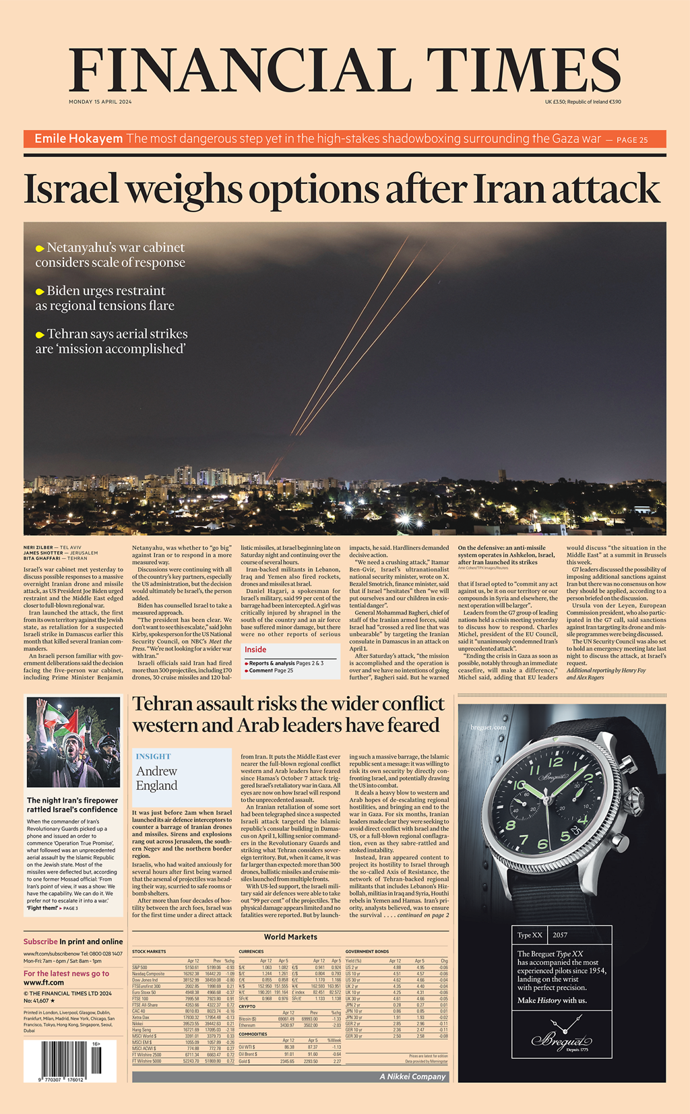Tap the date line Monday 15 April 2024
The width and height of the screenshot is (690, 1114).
pyautogui.click(x=100, y=102)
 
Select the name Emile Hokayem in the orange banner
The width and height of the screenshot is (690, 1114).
pyautogui.click(x=78, y=139)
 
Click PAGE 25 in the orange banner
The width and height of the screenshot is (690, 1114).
pyautogui.click(x=632, y=140)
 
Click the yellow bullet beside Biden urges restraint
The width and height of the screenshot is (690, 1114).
pyautogui.click(x=40, y=292)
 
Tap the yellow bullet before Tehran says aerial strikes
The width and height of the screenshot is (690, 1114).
pyautogui.click(x=40, y=335)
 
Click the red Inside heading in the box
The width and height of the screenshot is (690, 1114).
pyautogui.click(x=255, y=650)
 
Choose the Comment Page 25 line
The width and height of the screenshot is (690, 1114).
pyautogui.click(x=271, y=671)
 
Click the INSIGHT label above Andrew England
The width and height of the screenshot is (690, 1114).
pyautogui.click(x=153, y=756)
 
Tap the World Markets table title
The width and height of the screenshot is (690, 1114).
pyautogui.click(x=290, y=937)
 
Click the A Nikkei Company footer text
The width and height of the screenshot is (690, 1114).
pyautogui.click(x=413, y=1076)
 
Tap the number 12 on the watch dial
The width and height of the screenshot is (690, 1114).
pyautogui.click(x=556, y=762)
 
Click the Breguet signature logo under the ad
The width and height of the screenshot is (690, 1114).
pyautogui.click(x=561, y=1040)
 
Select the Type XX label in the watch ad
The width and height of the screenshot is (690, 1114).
pyautogui.click(x=530, y=935)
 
